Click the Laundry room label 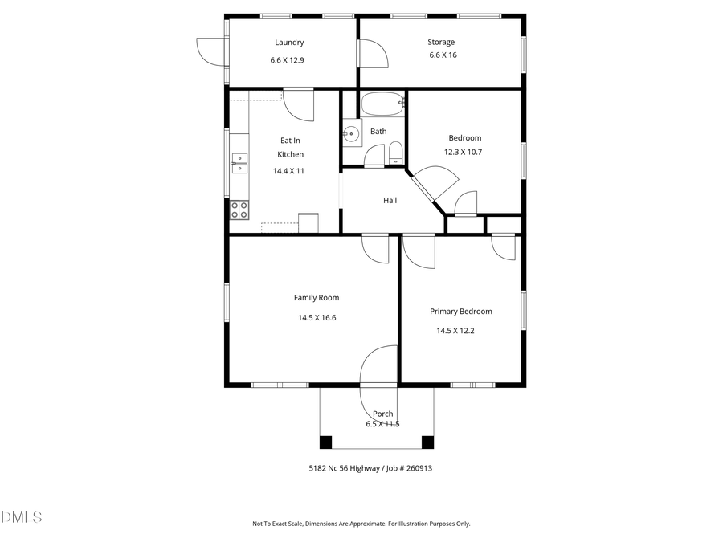coord(289,43)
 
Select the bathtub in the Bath coord(382,104)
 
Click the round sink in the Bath coord(352,135)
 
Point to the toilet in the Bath coord(395,153)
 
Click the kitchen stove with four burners coord(239,210)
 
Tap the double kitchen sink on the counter coord(239,163)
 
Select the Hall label coord(390,201)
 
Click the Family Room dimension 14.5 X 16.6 coord(317,317)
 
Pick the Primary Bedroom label coord(460,312)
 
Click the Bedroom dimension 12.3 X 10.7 coord(464,152)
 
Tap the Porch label coord(383,414)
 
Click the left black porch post coord(325,442)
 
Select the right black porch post coord(427,442)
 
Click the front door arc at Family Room coord(378,365)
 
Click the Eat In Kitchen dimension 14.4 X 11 coord(288,170)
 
